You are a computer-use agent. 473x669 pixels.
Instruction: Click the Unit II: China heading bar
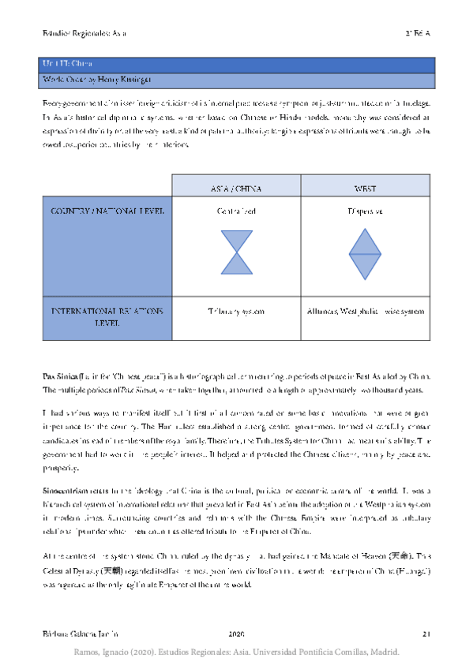(x=237, y=64)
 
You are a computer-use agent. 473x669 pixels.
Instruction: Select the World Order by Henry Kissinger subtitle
(x=237, y=80)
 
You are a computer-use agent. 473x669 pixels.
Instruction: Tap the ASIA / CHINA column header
(x=235, y=189)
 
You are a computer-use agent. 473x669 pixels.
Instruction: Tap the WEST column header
(x=365, y=189)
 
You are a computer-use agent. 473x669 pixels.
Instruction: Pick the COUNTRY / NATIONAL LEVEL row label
(x=107, y=211)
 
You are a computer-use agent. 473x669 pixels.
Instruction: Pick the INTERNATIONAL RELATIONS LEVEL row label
(x=107, y=317)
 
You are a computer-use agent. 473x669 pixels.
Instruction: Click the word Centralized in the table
(x=235, y=211)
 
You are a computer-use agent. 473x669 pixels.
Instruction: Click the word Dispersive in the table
(x=365, y=211)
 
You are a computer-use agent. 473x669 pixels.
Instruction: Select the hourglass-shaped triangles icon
(x=235, y=252)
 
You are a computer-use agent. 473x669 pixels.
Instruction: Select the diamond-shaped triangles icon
(x=365, y=254)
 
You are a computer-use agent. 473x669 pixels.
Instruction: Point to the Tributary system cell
(x=235, y=312)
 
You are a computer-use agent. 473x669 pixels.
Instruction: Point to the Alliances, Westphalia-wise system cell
(x=365, y=312)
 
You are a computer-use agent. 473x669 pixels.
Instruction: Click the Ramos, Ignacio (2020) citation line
(x=237, y=652)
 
